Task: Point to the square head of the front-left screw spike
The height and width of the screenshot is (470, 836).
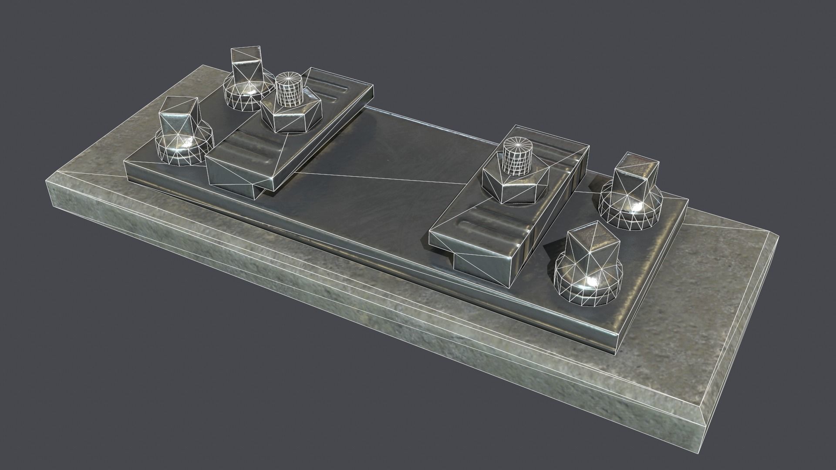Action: coord(178,115)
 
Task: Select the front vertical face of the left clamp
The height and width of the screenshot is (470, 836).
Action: coord(231,174)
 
